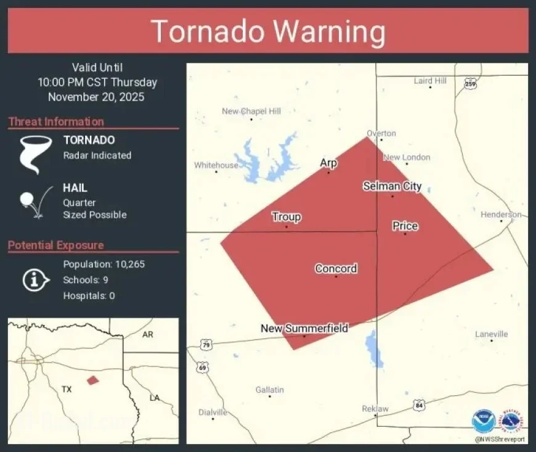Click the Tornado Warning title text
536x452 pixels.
pyautogui.click(x=268, y=31)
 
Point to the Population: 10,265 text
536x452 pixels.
pyautogui.click(x=104, y=265)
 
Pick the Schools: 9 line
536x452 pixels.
pyautogui.click(x=86, y=280)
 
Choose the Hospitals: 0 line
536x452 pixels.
pyautogui.click(x=89, y=296)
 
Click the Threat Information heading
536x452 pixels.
pyautogui.click(x=56, y=121)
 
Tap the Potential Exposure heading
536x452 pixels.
pyautogui.click(x=55, y=245)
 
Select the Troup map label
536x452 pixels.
pyautogui.click(x=286, y=217)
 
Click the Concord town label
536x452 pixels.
pyautogui.click(x=336, y=269)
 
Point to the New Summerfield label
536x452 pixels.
pyautogui.click(x=304, y=329)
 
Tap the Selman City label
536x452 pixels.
pyautogui.click(x=392, y=186)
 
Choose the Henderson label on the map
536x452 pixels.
pyautogui.click(x=501, y=215)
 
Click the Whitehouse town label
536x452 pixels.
pyautogui.click(x=216, y=165)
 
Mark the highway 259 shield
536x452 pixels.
pyautogui.click(x=471, y=84)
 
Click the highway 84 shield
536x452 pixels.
pyautogui.click(x=419, y=405)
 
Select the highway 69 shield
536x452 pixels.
pyautogui.click(x=202, y=367)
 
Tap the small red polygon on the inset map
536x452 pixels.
pyautogui.click(x=92, y=380)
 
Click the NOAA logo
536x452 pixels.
pyautogui.click(x=484, y=421)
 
